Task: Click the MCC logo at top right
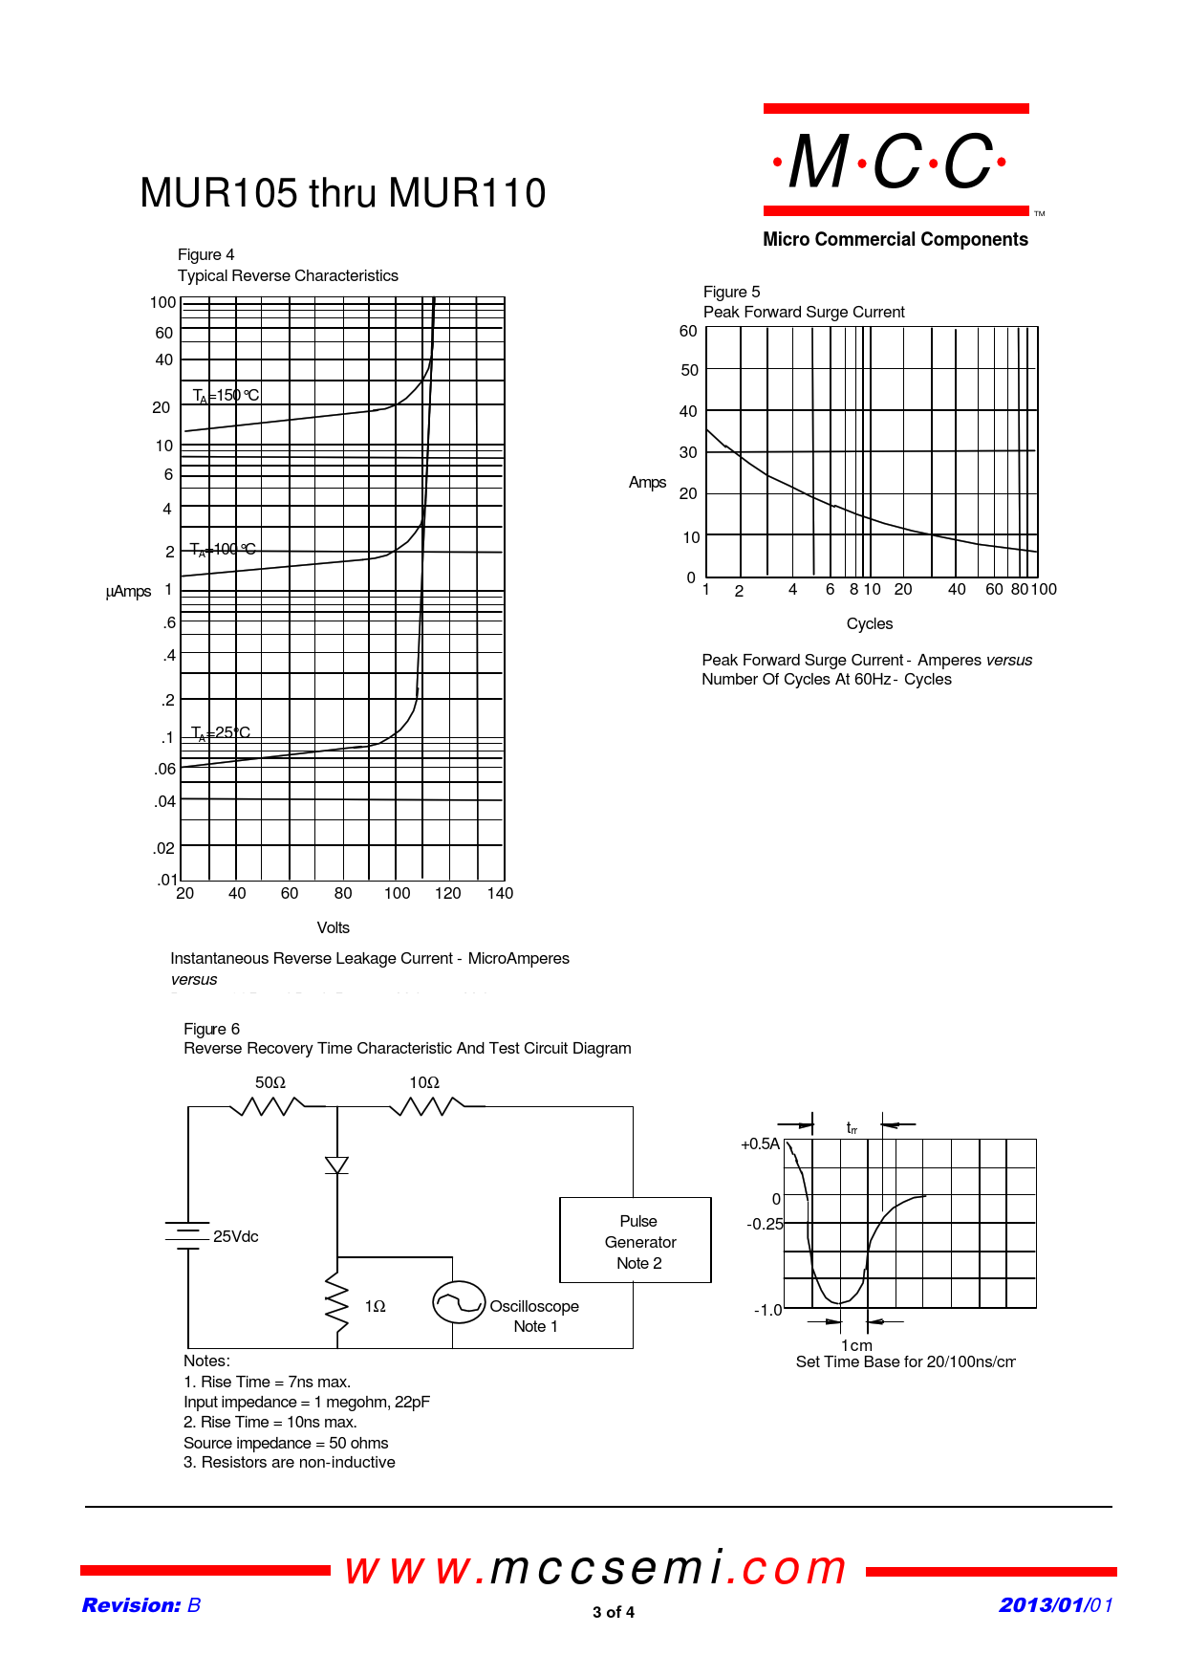point(896,161)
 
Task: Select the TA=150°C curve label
point(226,396)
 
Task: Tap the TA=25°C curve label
point(221,733)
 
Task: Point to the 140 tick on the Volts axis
point(500,893)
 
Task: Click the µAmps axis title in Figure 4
point(128,592)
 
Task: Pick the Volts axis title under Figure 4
point(333,927)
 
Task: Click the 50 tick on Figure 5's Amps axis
point(689,370)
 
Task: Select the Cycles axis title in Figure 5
point(869,623)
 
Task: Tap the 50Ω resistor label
point(270,1082)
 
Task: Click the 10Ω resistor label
point(424,1082)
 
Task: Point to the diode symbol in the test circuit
point(336,1165)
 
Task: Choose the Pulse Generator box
point(636,1240)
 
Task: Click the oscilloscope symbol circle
point(459,1302)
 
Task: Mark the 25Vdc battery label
point(235,1236)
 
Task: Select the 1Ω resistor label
point(375,1306)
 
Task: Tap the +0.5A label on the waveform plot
point(760,1143)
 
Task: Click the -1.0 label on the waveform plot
point(767,1310)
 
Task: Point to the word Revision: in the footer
point(131,1605)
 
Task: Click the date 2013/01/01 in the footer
point(1056,1605)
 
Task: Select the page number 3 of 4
point(614,1612)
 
